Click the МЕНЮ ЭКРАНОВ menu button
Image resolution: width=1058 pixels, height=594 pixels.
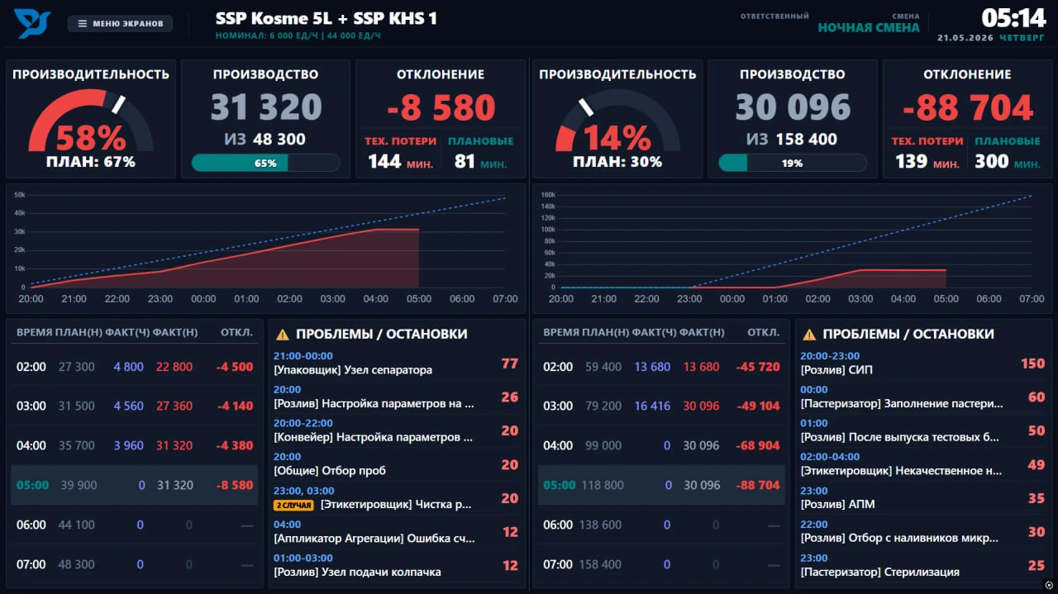pos(120,23)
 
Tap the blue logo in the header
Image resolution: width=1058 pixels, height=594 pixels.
pos(32,22)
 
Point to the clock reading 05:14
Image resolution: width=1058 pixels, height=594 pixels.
pos(1013,18)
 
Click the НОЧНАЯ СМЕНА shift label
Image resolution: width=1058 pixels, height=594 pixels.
pos(869,28)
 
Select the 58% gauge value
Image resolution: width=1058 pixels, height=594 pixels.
pos(91,138)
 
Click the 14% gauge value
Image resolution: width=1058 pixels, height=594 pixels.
pos(617,138)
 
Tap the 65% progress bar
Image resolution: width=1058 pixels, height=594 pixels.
pos(265,163)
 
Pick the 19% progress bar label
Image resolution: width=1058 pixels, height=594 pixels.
pos(792,163)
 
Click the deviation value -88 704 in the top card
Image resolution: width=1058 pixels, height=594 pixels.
pos(968,107)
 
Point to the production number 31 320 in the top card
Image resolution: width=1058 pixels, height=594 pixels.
pos(266,107)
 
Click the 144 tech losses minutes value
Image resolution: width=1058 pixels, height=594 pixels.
pos(384,162)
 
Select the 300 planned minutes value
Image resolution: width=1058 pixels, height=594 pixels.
pos(991,162)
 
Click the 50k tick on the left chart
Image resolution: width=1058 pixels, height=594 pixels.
pos(19,194)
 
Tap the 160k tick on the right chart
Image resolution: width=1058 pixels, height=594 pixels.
pos(548,194)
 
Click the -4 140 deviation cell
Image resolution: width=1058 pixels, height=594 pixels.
pos(235,406)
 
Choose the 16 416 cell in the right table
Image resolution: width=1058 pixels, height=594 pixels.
pos(652,406)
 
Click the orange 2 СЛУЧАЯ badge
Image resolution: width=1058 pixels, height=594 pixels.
pos(293,506)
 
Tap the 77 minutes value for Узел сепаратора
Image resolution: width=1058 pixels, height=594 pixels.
pos(510,364)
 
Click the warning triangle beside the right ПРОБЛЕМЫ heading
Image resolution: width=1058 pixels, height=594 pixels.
pos(809,335)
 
